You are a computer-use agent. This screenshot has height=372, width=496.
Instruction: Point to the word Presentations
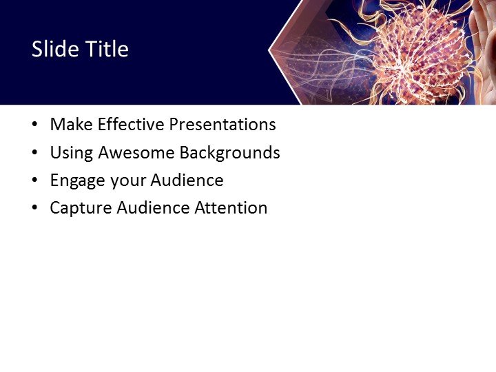(x=223, y=125)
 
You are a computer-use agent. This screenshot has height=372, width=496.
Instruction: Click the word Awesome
(x=132, y=153)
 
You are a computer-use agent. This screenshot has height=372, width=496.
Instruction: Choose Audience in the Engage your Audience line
(x=187, y=180)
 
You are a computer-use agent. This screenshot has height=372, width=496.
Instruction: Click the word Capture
(x=77, y=208)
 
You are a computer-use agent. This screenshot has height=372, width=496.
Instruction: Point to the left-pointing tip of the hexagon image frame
(x=269, y=52)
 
